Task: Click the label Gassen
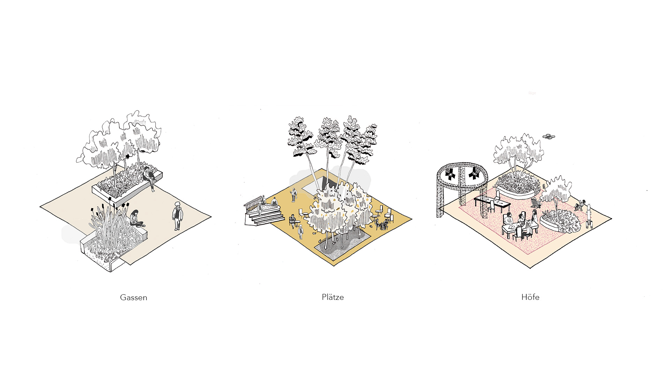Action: (x=134, y=297)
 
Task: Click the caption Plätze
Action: (x=333, y=297)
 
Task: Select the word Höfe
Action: (x=530, y=297)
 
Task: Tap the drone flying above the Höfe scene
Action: (x=549, y=136)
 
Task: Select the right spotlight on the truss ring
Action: (x=474, y=173)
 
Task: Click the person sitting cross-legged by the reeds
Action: (x=135, y=219)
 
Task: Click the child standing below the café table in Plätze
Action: (x=300, y=232)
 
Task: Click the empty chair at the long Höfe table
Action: (x=491, y=206)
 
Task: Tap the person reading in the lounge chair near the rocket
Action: (x=580, y=205)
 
